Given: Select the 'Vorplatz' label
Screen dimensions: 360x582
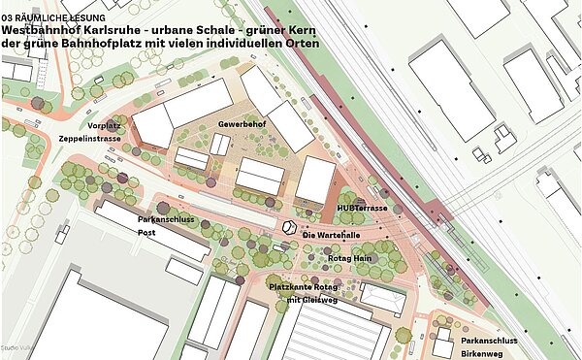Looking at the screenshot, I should pos(104,126).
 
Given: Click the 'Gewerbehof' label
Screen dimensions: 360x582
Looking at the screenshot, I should pos(240,126).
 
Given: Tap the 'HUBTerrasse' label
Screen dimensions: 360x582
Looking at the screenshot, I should pos(362,209).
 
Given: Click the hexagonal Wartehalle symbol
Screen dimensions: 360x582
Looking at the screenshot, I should pos(290,228).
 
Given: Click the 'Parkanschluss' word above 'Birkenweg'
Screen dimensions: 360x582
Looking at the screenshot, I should pos(489,342).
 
